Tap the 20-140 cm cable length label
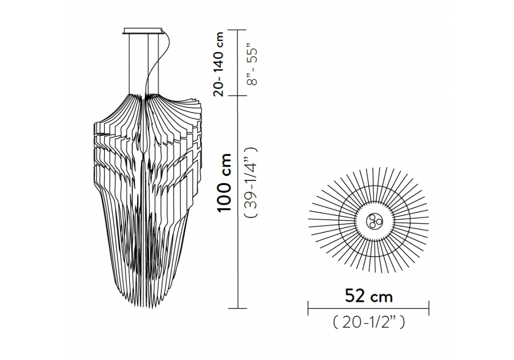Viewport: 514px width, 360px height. (218, 64)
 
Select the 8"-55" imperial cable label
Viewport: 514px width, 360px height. (253, 66)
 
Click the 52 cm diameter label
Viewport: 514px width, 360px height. (369, 296)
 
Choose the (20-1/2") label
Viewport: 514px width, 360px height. (369, 322)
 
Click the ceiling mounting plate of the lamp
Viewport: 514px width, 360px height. (143, 31)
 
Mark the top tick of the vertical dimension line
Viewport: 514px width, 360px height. (237, 30)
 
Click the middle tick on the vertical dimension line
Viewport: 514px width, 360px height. (237, 96)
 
